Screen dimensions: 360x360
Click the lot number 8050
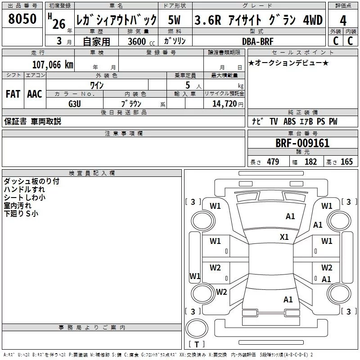click(x=22, y=19)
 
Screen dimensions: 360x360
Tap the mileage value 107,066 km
click(x=53, y=65)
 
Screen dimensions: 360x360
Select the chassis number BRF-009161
click(x=302, y=143)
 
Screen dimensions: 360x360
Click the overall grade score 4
click(x=343, y=21)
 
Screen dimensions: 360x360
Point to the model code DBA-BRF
click(x=258, y=41)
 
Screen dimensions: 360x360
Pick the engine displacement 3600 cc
click(x=141, y=41)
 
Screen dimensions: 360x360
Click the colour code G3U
click(x=75, y=104)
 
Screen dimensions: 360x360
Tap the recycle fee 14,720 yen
click(x=228, y=104)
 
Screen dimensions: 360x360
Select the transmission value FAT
click(x=13, y=94)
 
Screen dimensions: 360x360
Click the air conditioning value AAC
click(x=35, y=94)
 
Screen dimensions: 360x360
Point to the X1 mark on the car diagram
click(x=284, y=237)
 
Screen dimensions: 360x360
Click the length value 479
click(x=273, y=162)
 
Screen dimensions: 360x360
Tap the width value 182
click(x=310, y=162)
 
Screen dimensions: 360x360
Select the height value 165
click(x=346, y=162)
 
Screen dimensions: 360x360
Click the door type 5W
click(x=174, y=20)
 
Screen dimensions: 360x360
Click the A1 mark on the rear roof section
click(x=288, y=299)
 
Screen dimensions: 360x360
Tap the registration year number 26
click(x=59, y=24)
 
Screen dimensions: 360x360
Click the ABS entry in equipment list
click(x=289, y=121)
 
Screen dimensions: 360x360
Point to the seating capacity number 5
click(x=188, y=85)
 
